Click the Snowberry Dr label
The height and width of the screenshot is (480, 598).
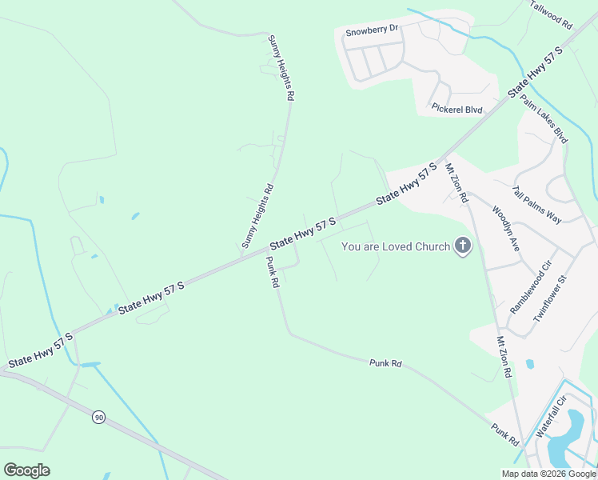372,32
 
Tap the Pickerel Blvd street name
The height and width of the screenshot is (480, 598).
456,108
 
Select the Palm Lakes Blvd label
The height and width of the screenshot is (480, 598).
544,118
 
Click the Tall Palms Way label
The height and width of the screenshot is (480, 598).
537,205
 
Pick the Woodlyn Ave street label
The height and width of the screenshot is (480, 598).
506,229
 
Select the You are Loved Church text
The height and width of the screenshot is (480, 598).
396,246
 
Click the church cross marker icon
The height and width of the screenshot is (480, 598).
462,246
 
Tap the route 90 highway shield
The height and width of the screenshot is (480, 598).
98,417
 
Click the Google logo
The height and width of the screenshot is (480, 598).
26,470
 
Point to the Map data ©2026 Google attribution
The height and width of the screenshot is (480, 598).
548,474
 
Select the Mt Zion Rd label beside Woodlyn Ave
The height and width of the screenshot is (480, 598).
456,183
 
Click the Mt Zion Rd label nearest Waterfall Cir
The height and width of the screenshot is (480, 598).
504,356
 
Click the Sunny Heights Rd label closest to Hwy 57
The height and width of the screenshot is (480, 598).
257,215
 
